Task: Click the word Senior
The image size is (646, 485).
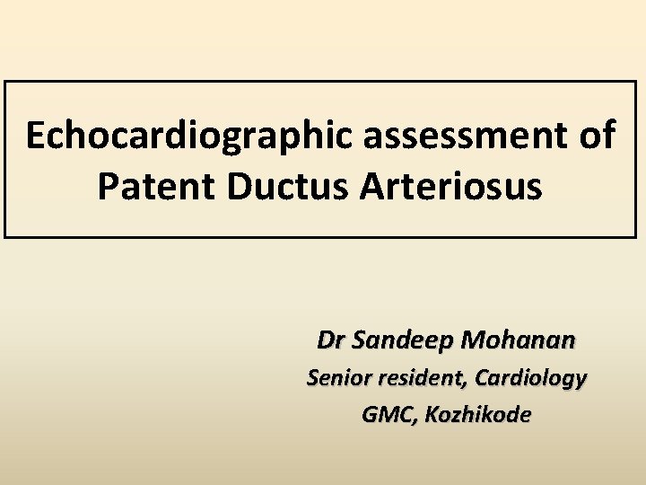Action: pos(338,379)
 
